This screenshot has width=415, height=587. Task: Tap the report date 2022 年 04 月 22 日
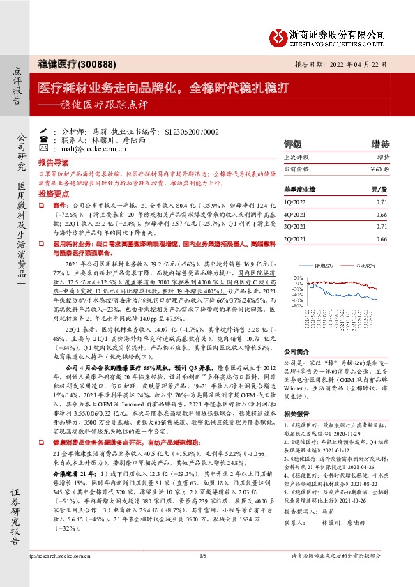pyautogui.click(x=352, y=63)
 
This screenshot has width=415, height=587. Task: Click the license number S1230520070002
pyautogui.click(x=192, y=130)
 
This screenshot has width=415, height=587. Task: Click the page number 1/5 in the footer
pyautogui.click(x=204, y=575)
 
